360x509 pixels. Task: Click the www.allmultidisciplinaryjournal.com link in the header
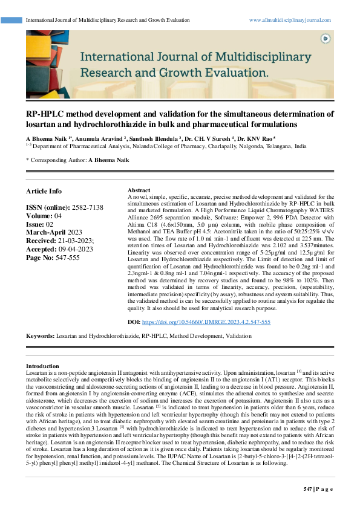pyautogui.click(x=290, y=20)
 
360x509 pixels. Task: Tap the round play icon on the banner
pyautogui.click(x=326, y=38)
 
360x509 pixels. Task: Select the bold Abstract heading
pyautogui.click(x=139, y=190)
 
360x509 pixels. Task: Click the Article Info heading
pyautogui.click(x=44, y=191)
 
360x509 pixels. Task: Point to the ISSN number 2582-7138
pyautogui.click(x=87, y=207)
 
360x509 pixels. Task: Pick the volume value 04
pyautogui.click(x=57, y=215)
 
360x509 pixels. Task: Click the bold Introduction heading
pyautogui.click(x=42, y=366)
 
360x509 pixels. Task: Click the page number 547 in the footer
pyautogui.click(x=308, y=488)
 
